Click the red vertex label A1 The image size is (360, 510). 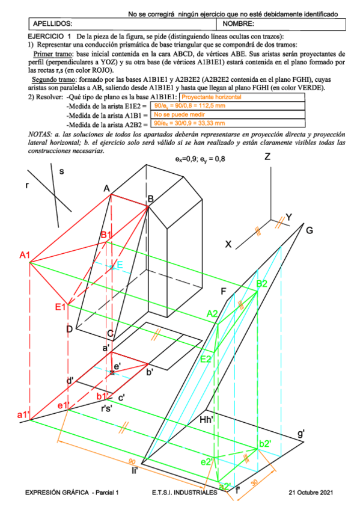25,256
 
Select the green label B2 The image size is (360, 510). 262,284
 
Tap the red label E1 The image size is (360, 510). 59,307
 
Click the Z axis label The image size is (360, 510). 268,157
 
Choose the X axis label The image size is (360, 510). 228,244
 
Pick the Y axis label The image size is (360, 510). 288,217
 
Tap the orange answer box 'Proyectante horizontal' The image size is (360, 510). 212,97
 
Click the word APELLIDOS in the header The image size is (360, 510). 53,24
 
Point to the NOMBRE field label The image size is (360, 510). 239,24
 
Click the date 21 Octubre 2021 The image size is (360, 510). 310,493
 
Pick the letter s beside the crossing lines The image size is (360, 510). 61,171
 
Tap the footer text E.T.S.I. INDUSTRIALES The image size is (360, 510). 185,493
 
